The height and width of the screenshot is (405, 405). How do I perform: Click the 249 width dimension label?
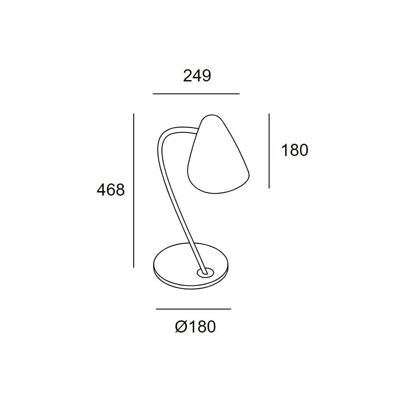[197, 76]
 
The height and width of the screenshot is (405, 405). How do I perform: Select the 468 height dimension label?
[111, 189]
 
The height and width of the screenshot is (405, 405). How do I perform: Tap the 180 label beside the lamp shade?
[294, 150]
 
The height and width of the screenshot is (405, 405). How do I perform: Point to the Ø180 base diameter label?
[196, 326]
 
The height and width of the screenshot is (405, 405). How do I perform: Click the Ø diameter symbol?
[181, 326]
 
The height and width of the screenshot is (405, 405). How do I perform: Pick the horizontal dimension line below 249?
[196, 94]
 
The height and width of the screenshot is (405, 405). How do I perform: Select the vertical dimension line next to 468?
[134, 190]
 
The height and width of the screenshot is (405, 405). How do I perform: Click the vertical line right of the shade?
[269, 151]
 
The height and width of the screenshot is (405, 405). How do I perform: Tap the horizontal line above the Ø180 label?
[193, 309]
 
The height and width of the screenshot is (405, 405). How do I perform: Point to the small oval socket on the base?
[204, 272]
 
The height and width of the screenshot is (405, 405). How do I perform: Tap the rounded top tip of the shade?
[212, 116]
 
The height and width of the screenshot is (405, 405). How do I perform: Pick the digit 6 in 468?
[111, 189]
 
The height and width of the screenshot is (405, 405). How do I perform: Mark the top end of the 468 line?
[134, 115]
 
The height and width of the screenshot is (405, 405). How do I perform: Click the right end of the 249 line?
[239, 94]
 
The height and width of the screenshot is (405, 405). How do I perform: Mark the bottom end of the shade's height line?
[269, 188]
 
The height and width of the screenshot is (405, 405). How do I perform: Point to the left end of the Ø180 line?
[157, 309]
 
